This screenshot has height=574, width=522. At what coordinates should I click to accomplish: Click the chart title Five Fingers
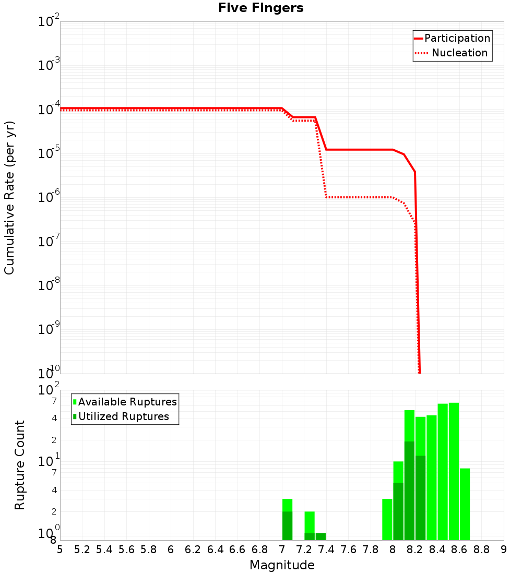pos(260,8)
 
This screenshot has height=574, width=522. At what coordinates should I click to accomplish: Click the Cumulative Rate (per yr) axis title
pos(9,197)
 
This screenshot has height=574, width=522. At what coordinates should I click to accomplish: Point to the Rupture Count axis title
pos(20,465)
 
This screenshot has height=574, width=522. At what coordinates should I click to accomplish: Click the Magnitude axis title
pos(282,565)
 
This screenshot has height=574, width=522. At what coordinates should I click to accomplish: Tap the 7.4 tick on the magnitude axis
pos(326,549)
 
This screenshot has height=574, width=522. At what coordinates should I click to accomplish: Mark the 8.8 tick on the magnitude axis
pos(481,549)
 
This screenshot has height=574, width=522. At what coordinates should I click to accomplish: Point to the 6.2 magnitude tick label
pos(193,549)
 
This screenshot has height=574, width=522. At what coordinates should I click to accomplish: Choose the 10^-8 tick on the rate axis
pos(50,285)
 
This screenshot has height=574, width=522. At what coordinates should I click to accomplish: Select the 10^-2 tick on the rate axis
pos(50,22)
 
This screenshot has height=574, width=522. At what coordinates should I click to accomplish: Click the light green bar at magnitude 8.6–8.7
pos(465,504)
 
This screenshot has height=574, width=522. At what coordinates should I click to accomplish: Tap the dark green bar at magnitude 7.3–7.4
pos(321,536)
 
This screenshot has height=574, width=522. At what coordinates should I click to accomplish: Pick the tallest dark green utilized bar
pos(409,491)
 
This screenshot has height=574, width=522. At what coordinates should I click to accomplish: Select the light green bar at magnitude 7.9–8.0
pos(387,519)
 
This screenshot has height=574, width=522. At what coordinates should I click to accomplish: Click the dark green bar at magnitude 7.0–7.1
pos(287,525)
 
